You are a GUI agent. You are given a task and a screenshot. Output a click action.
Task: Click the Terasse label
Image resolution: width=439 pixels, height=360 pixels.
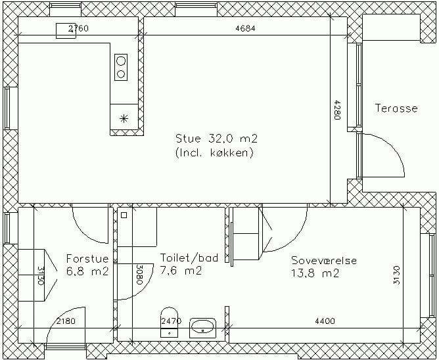tap(396, 108)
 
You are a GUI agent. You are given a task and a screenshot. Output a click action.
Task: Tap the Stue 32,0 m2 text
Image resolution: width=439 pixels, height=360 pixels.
tap(216, 139)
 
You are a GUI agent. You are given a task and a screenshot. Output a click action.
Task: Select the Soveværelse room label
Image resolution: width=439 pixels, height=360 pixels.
tap(324, 260)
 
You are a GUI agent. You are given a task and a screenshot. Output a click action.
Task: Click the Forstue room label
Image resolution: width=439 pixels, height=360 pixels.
tap(87, 258)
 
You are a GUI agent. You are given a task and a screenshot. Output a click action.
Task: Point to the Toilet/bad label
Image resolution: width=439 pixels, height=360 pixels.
tap(189, 258)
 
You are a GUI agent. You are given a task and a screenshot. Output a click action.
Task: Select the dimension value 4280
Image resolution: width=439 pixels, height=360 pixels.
tap(337, 110)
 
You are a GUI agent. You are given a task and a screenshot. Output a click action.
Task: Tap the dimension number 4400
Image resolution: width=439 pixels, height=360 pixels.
tap(325, 321)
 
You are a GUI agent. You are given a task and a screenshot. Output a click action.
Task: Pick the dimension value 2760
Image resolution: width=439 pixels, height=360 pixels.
tap(78, 28)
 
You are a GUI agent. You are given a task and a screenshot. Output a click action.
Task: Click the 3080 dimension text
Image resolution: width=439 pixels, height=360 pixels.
tap(139, 275)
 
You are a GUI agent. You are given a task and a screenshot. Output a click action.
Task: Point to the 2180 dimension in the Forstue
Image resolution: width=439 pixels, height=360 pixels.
tap(66, 321)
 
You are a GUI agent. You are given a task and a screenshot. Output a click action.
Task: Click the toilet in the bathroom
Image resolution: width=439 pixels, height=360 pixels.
tap(169, 322)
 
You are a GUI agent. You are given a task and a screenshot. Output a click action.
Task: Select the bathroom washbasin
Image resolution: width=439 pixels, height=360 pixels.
tap(203, 328)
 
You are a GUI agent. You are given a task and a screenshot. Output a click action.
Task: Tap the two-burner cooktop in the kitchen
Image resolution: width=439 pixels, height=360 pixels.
tap(121, 67)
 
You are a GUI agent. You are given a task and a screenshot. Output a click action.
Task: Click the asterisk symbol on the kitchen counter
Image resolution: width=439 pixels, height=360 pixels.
tap(124, 119)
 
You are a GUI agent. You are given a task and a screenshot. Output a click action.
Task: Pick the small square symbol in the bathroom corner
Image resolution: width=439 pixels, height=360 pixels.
tap(124, 215)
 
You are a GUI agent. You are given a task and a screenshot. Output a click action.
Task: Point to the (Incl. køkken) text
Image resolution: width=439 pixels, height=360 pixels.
tap(214, 153)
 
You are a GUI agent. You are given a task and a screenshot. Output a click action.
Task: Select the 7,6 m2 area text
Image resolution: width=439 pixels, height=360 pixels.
tap(181, 271)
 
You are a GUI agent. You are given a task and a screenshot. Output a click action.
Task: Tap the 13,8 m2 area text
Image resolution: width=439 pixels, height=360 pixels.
tap(315, 273)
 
